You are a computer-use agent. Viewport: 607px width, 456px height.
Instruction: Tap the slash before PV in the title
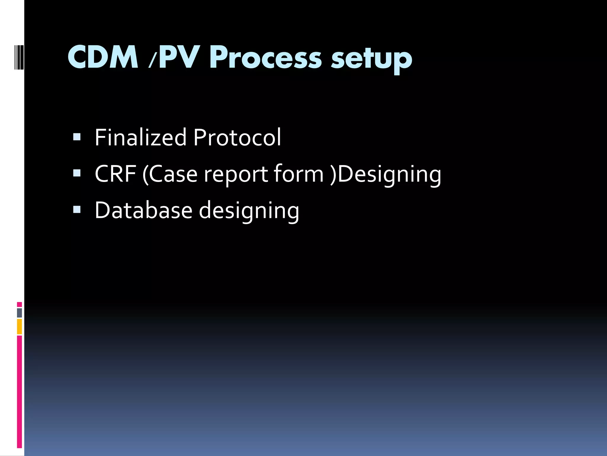click(x=152, y=59)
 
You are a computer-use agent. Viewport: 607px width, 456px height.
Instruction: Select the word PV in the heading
click(x=178, y=57)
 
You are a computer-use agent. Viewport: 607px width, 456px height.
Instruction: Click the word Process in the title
click(x=265, y=58)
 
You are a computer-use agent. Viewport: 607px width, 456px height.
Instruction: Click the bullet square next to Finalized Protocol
click(x=77, y=137)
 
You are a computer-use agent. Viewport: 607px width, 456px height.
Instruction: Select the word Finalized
click(x=140, y=137)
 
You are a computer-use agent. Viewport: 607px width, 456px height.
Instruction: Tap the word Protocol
click(x=237, y=137)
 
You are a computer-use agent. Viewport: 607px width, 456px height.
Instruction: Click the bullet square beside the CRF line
click(x=77, y=173)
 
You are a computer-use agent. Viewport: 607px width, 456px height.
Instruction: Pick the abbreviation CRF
click(x=115, y=174)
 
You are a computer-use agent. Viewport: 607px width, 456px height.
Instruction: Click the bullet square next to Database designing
click(x=77, y=210)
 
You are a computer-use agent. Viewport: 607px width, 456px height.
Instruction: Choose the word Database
click(x=143, y=210)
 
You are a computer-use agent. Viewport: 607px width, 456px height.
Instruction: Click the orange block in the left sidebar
click(x=19, y=327)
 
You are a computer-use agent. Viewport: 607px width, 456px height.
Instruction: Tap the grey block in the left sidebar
click(x=19, y=313)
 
